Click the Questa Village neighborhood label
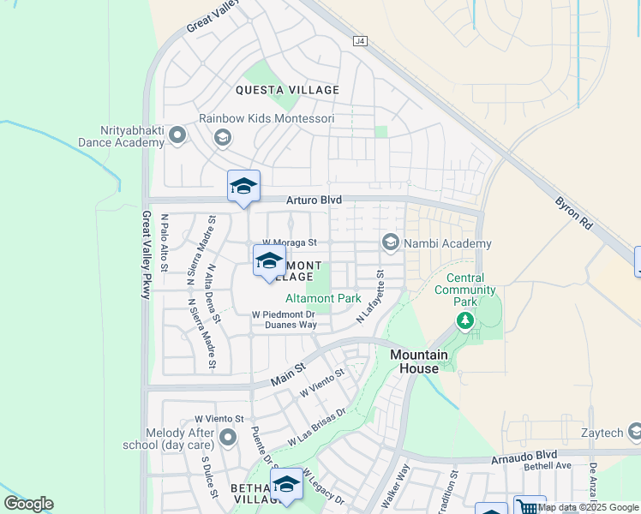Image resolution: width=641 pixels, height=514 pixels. pyautogui.click(x=289, y=90)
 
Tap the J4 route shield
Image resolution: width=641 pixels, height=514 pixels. pyautogui.click(x=360, y=40)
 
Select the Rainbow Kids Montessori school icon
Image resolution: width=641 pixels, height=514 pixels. pyautogui.click(x=223, y=137)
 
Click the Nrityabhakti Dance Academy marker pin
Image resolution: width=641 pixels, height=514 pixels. pyautogui.click(x=177, y=134)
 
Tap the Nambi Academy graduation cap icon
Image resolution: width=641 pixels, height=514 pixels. pyautogui.click(x=391, y=243)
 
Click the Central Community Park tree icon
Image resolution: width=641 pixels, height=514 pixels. pyautogui.click(x=465, y=320)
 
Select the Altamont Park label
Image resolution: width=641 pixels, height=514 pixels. pyautogui.click(x=323, y=299)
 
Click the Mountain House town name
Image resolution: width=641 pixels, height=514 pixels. pyautogui.click(x=419, y=362)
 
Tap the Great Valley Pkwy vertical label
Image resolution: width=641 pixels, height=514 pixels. pyautogui.click(x=147, y=254)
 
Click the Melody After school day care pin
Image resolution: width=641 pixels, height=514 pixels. pyautogui.click(x=228, y=439)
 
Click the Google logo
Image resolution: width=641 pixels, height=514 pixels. pyautogui.click(x=28, y=504)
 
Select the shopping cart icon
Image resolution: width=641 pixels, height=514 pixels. pyautogui.click(x=529, y=506)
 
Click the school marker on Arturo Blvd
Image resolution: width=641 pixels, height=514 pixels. pyautogui.click(x=243, y=187)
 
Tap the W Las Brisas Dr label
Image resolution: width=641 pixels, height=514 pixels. pyautogui.click(x=316, y=427)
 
